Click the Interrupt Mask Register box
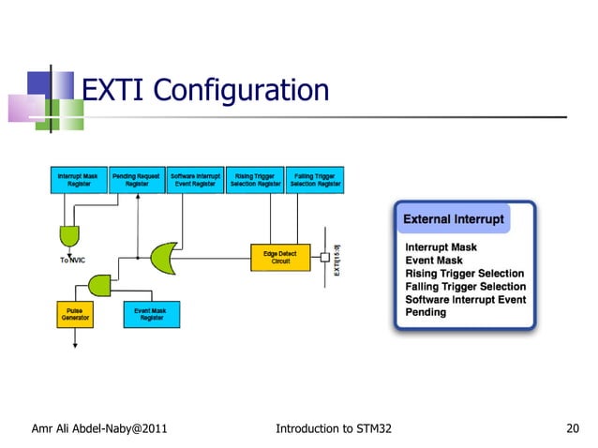[78, 180]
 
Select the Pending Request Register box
[137, 180]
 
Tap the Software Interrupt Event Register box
[196, 180]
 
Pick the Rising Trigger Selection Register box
[255, 180]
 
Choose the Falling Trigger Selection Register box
[315, 180]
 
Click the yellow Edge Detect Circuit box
[279, 257]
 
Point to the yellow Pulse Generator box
[75, 314]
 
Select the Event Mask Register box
[151, 314]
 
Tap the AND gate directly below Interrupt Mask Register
[69, 233]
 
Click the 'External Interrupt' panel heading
[453, 219]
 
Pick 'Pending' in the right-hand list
[426, 312]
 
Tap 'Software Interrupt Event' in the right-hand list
[465, 299]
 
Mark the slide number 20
[575, 429]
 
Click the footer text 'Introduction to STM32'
[334, 429]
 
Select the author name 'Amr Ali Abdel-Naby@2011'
[99, 429]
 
